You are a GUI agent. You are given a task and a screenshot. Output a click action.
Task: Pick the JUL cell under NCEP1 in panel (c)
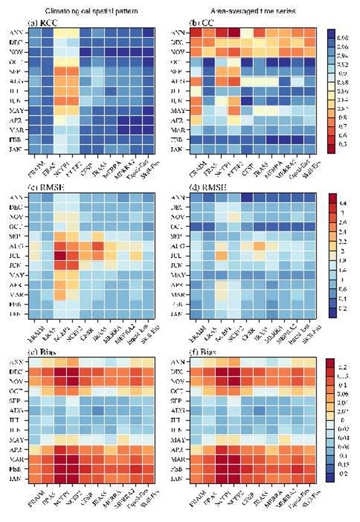click(x=61, y=254)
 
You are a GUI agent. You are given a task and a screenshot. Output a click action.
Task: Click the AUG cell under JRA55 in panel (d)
click(x=260, y=245)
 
